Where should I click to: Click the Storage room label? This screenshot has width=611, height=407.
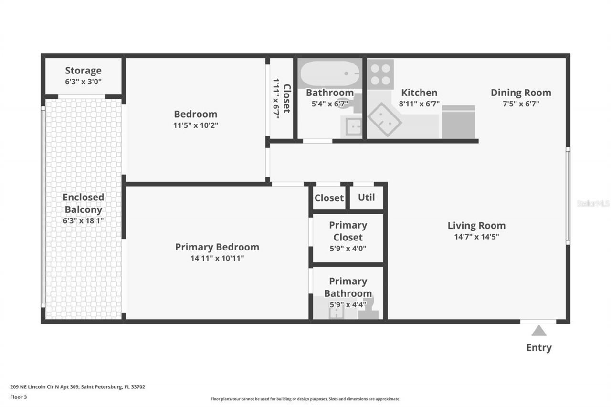[83, 71]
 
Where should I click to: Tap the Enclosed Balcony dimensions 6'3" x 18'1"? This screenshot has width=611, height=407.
[83, 221]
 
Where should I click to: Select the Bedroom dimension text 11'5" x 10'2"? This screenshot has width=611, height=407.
[195, 125]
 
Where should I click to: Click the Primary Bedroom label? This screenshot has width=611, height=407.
[217, 247]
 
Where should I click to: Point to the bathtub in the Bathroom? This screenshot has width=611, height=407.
[329, 73]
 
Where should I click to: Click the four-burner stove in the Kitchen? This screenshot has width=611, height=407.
[381, 74]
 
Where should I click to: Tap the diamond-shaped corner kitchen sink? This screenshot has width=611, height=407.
[384, 120]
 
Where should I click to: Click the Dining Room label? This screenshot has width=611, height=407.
[521, 93]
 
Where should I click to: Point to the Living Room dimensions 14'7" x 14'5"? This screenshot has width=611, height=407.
[476, 237]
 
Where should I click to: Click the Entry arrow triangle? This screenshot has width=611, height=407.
[538, 330]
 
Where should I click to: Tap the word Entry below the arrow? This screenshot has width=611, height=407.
[538, 348]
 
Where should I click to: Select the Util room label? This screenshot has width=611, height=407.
[366, 198]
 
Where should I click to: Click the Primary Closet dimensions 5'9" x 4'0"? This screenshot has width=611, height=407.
[348, 248]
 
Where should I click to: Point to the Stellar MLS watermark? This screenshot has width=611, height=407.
[593, 203]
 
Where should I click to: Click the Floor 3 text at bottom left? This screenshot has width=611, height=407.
[18, 397]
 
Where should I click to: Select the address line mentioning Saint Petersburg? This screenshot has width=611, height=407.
[77, 387]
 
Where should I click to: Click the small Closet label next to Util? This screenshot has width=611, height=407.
[329, 198]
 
